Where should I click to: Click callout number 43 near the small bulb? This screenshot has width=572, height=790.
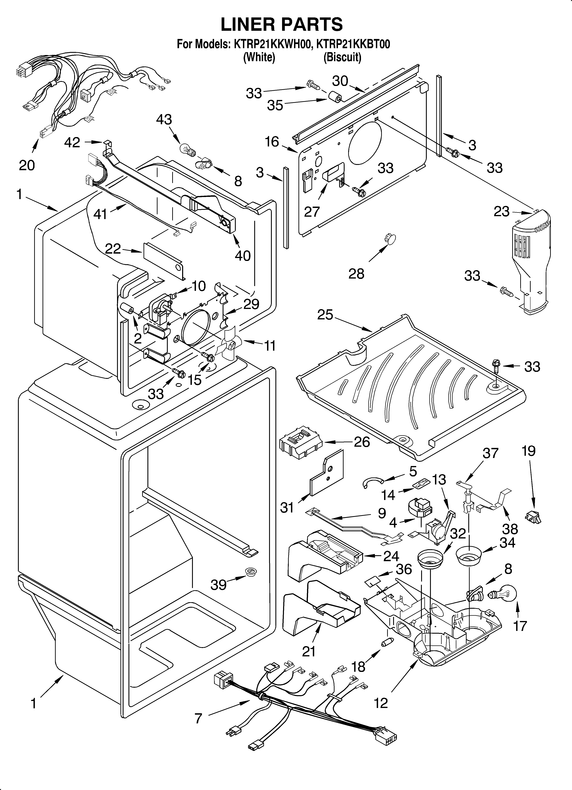(x=164, y=119)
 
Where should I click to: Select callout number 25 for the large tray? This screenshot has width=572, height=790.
(x=325, y=315)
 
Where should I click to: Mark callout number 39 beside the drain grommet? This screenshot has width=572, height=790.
(x=219, y=585)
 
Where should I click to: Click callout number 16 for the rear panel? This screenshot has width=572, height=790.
(x=272, y=142)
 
